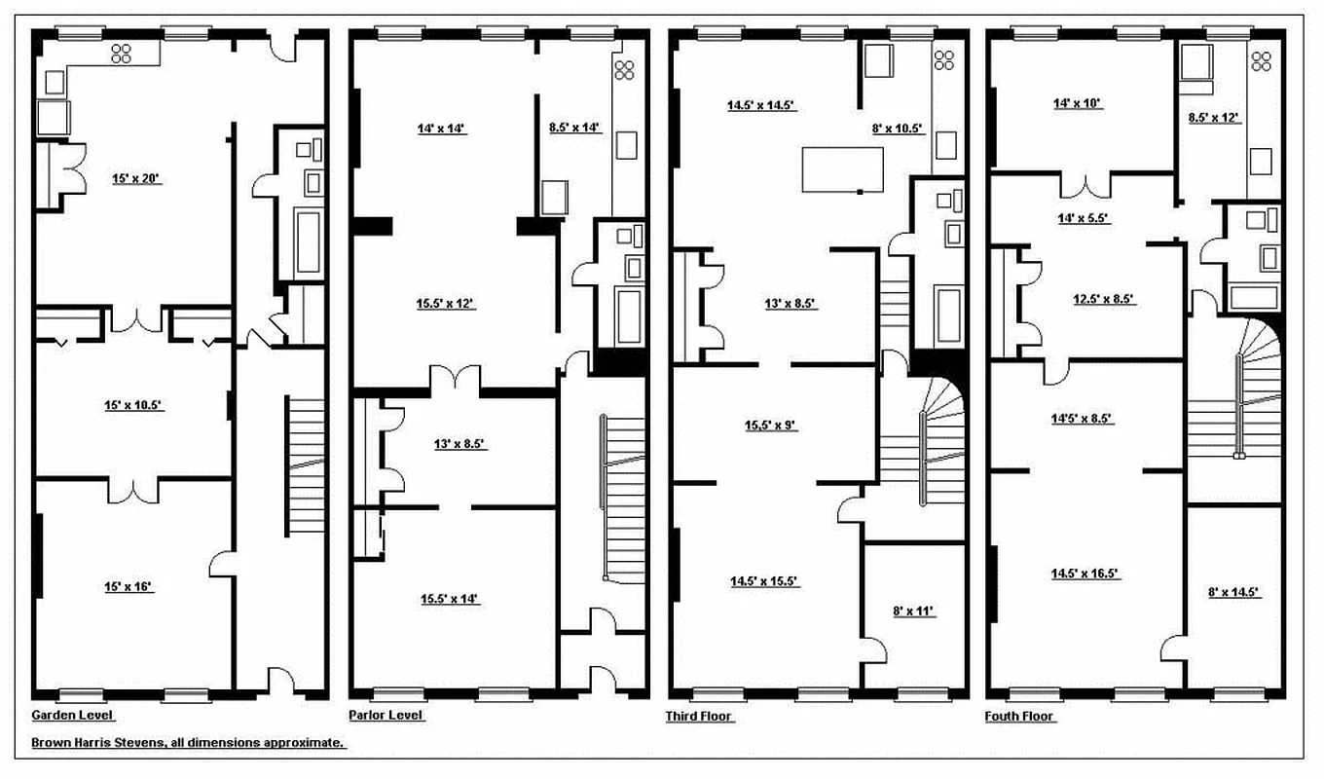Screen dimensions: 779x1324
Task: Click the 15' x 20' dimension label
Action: pyautogui.click(x=135, y=179)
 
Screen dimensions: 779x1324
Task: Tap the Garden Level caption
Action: pyautogui.click(x=73, y=715)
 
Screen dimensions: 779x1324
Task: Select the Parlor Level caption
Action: pyautogui.click(x=386, y=715)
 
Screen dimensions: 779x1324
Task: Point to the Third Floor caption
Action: pyautogui.click(x=699, y=717)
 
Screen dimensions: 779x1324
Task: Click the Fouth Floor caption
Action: pyautogui.click(x=1021, y=717)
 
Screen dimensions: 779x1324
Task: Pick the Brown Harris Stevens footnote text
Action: pyautogui.click(x=188, y=742)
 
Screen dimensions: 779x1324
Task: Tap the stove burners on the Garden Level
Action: pyautogui.click(x=123, y=53)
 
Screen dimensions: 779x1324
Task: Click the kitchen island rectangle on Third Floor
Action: pyautogui.click(x=842, y=169)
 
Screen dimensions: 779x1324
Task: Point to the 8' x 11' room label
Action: pyautogui.click(x=912, y=612)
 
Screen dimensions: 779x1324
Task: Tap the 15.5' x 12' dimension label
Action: pyautogui.click(x=444, y=304)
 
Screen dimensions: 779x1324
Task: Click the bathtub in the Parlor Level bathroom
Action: pyautogui.click(x=630, y=316)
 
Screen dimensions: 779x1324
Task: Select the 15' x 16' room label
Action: pyautogui.click(x=128, y=586)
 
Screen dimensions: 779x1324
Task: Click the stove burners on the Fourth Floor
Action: pyautogui.click(x=1262, y=61)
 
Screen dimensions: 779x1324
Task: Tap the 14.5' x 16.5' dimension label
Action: pyautogui.click(x=1085, y=575)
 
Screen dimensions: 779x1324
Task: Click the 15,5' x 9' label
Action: pyautogui.click(x=771, y=426)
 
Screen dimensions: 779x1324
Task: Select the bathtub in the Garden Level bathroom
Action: pyautogui.click(x=309, y=241)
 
